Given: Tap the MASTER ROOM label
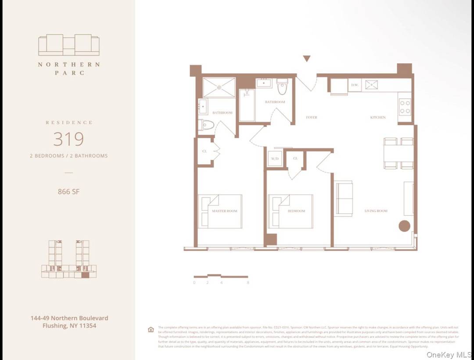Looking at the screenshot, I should tap(224, 211).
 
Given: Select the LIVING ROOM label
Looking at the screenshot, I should tap(376, 211).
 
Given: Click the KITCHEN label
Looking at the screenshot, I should tap(378, 118).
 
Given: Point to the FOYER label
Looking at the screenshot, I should tap(311, 118).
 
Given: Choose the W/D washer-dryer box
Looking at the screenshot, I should tap(275, 158).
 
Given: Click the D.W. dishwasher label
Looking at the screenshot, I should tap(354, 85).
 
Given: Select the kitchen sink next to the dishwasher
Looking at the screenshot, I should tap(371, 85).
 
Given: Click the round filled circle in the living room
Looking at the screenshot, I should tap(404, 226).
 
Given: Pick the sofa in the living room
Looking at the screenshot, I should tap(344, 198).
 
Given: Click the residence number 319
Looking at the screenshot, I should tap(68, 139).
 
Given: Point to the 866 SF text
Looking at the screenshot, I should tap(68, 191).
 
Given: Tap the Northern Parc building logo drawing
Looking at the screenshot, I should tap(69, 45).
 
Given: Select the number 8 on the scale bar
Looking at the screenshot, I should tap(248, 283).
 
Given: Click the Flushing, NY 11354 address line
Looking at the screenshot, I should tap(69, 326).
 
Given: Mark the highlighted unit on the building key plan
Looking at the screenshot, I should tap(85, 275).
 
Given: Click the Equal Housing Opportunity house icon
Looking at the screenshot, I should tap(151, 330).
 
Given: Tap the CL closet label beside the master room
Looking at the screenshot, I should tap(205, 151).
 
